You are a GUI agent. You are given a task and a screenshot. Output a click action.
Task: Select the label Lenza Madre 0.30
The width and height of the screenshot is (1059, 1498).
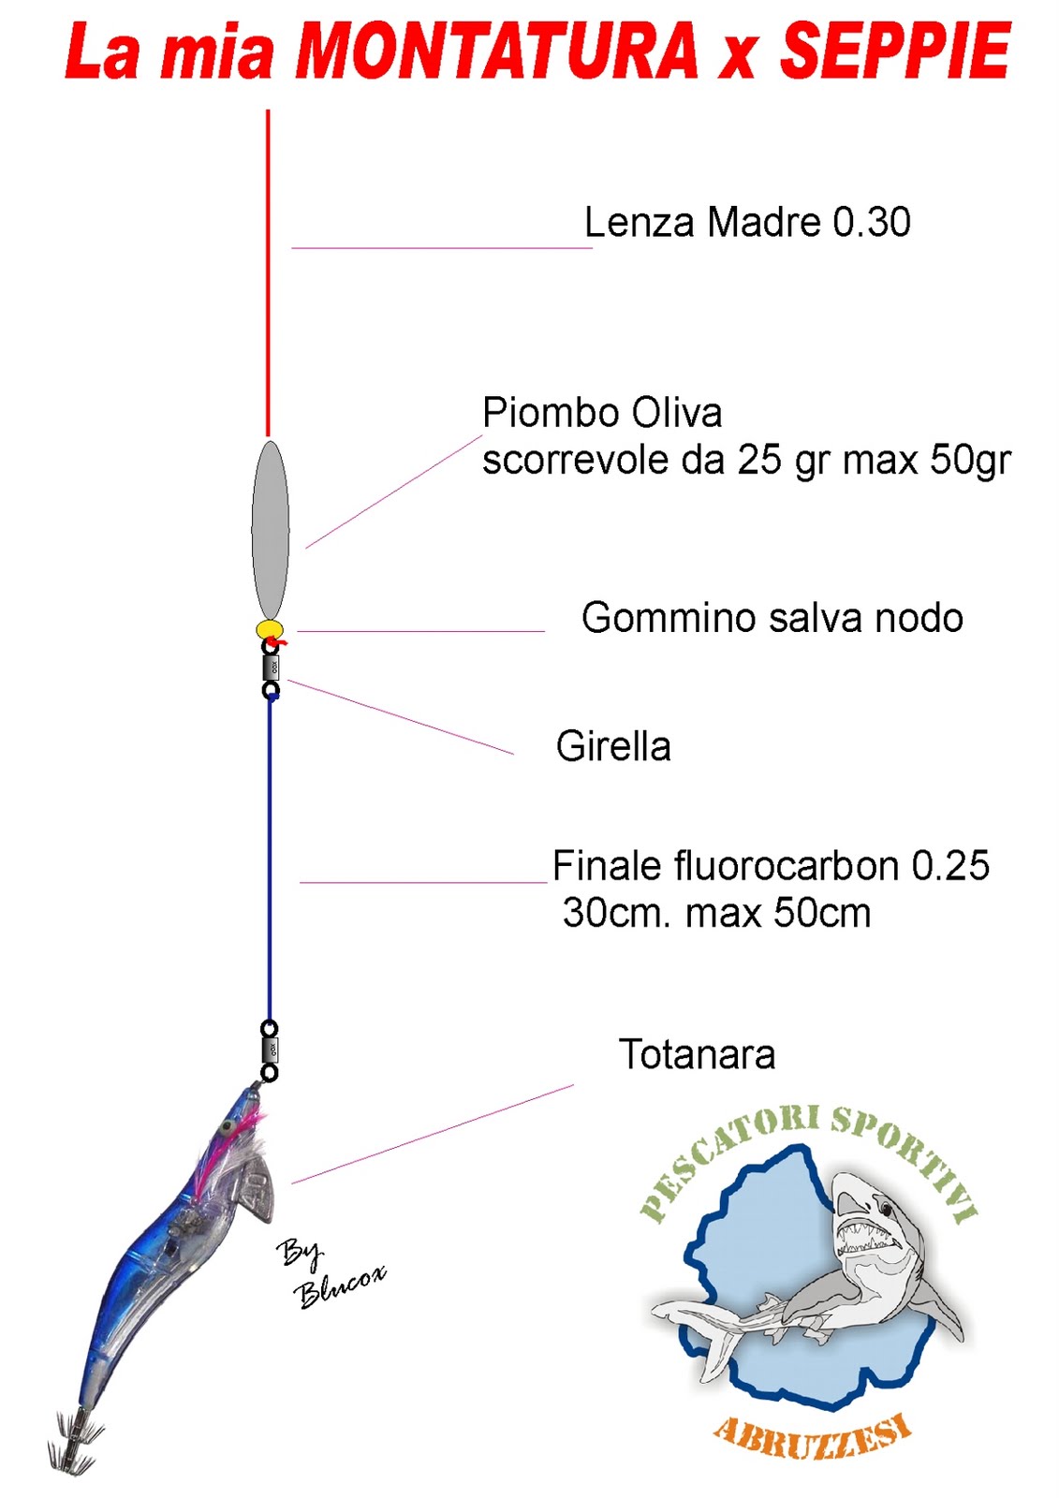coord(746,223)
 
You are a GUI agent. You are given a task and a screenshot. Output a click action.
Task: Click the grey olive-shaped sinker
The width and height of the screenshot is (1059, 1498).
coord(270,528)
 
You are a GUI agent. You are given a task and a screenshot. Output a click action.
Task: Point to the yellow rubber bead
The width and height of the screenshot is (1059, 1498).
coord(270,628)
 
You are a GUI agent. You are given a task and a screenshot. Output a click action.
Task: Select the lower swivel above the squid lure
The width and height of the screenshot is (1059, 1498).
coord(269,1050)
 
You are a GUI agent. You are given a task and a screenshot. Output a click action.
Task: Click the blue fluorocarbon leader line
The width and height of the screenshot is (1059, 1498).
coord(270,861)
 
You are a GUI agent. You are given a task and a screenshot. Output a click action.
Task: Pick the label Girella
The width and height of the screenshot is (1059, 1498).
coord(613,747)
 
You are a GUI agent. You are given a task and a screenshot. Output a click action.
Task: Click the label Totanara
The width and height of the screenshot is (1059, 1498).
coord(697,1055)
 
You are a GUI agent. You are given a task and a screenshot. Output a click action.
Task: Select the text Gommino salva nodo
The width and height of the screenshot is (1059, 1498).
coord(772,618)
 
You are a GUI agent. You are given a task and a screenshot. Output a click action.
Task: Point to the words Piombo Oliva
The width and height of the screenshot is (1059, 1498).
coord(602,413)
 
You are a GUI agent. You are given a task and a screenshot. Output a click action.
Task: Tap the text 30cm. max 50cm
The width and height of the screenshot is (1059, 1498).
coord(716,913)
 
